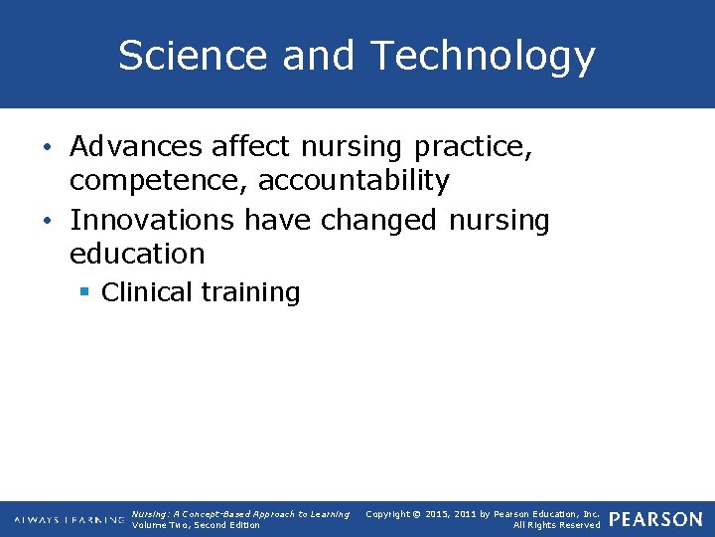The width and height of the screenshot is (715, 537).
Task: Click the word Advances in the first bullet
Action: point(136,147)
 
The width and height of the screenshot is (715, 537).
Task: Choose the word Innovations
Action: point(152,220)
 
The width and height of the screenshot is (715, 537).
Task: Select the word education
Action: point(137,254)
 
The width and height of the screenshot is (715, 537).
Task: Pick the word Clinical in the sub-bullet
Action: point(147,292)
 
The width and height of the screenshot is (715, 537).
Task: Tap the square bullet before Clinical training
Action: point(86,291)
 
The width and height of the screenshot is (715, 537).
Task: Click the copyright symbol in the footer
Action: point(419,514)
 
